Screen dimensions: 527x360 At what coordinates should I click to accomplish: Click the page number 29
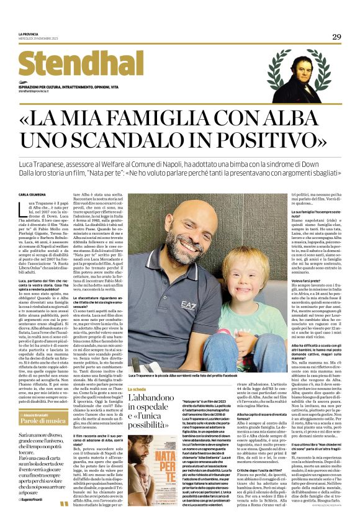click(x=336, y=37)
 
